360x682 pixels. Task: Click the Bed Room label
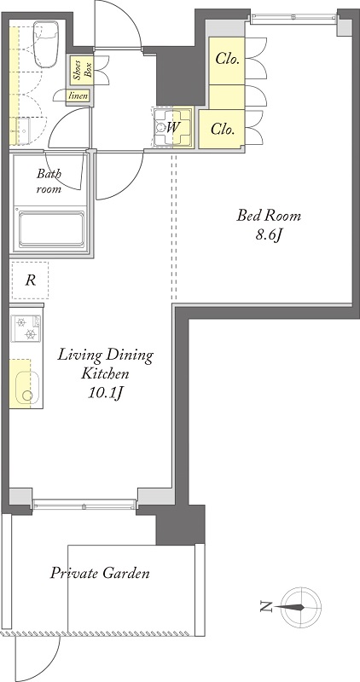click(x=269, y=216)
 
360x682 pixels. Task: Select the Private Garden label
click(x=100, y=573)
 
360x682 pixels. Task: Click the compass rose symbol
click(x=301, y=607)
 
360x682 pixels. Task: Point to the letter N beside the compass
click(x=265, y=607)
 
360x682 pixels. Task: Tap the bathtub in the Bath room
click(x=50, y=229)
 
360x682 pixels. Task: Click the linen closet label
click(x=78, y=95)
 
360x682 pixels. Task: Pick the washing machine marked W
click(x=173, y=127)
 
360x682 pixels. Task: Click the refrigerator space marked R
click(x=30, y=280)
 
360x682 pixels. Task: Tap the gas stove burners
click(x=26, y=328)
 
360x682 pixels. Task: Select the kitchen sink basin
click(x=27, y=389)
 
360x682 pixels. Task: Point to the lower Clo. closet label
click(x=223, y=129)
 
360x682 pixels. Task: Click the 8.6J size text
click(x=270, y=236)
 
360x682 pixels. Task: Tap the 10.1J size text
click(x=107, y=393)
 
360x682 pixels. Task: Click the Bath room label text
click(x=49, y=182)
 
